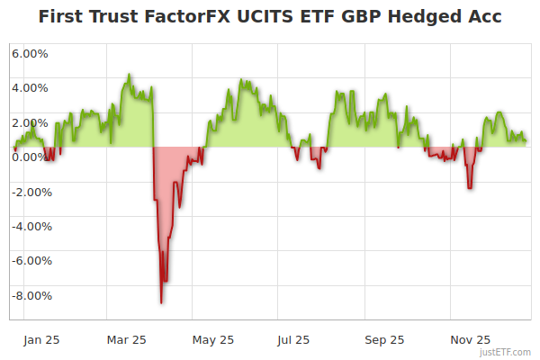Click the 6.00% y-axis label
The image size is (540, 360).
point(30,53)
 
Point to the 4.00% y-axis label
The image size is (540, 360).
point(30,88)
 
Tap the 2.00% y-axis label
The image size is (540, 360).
point(30,122)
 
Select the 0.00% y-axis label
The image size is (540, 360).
point(30,157)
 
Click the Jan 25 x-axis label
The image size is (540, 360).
point(41,340)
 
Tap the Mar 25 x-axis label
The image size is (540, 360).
point(126,340)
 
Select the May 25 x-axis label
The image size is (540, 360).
point(213,340)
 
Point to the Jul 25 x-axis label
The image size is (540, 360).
point(293,340)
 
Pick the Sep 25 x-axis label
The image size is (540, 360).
point(384,340)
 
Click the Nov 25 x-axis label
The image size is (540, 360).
point(470,340)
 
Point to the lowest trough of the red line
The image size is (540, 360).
point(161,302)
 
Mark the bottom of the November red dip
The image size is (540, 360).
point(470,188)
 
